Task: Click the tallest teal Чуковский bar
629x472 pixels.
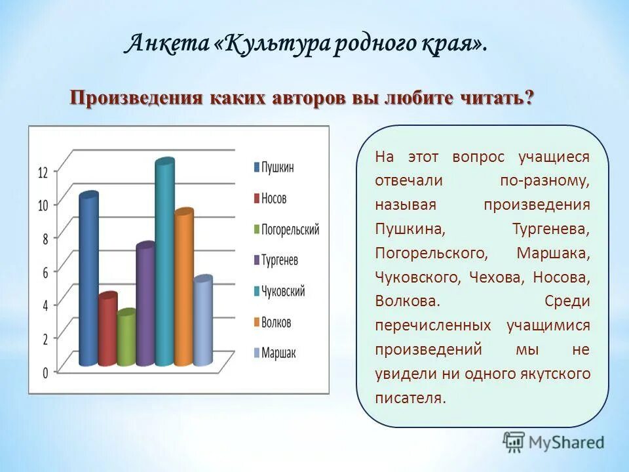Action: click(x=164, y=262)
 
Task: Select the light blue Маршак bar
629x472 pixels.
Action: click(x=202, y=321)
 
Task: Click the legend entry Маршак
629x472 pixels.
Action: click(x=278, y=353)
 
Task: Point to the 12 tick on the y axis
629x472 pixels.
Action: click(x=43, y=173)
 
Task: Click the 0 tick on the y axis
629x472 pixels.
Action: click(x=45, y=372)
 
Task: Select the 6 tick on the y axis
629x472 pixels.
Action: click(x=45, y=273)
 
